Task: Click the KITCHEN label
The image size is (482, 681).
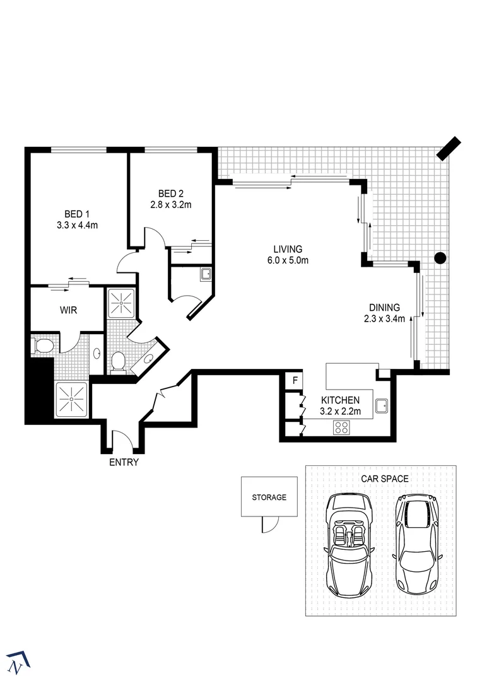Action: (340, 400)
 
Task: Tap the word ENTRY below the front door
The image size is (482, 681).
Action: (124, 462)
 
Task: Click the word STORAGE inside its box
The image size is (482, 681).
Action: (269, 497)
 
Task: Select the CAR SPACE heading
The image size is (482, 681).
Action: (384, 479)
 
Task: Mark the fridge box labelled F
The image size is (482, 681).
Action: (294, 381)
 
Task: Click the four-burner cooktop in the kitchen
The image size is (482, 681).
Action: (341, 428)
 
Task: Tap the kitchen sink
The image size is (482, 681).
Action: (382, 406)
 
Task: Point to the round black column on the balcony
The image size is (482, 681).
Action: (440, 257)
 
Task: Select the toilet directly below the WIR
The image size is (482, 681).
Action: (44, 346)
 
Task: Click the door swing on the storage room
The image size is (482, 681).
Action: (269, 525)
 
